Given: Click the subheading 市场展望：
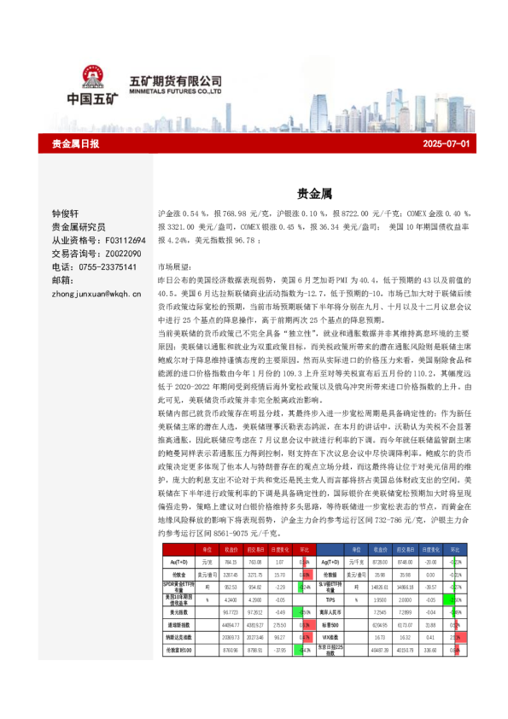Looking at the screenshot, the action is tap(176, 267).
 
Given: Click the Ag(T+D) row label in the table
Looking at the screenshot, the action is tap(331, 563).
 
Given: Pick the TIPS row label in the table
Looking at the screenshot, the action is tap(331, 599).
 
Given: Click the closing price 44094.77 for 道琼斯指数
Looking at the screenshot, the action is tap(230, 625).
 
